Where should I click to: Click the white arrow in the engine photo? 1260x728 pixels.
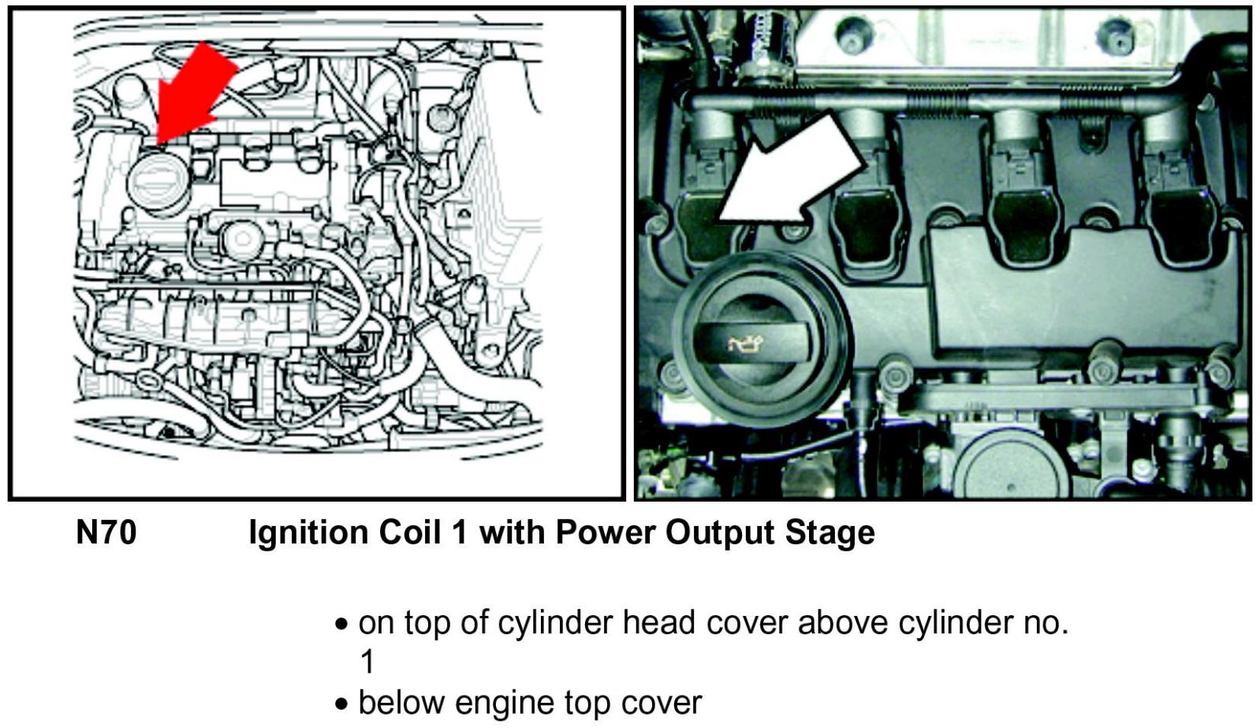(x=796, y=170)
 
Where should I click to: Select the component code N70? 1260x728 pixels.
(x=106, y=533)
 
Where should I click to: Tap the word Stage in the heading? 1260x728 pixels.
(x=829, y=533)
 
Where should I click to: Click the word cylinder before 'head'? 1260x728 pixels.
(x=556, y=623)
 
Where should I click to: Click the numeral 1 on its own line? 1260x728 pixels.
(x=367, y=661)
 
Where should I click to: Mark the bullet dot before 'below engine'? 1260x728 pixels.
(x=341, y=703)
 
